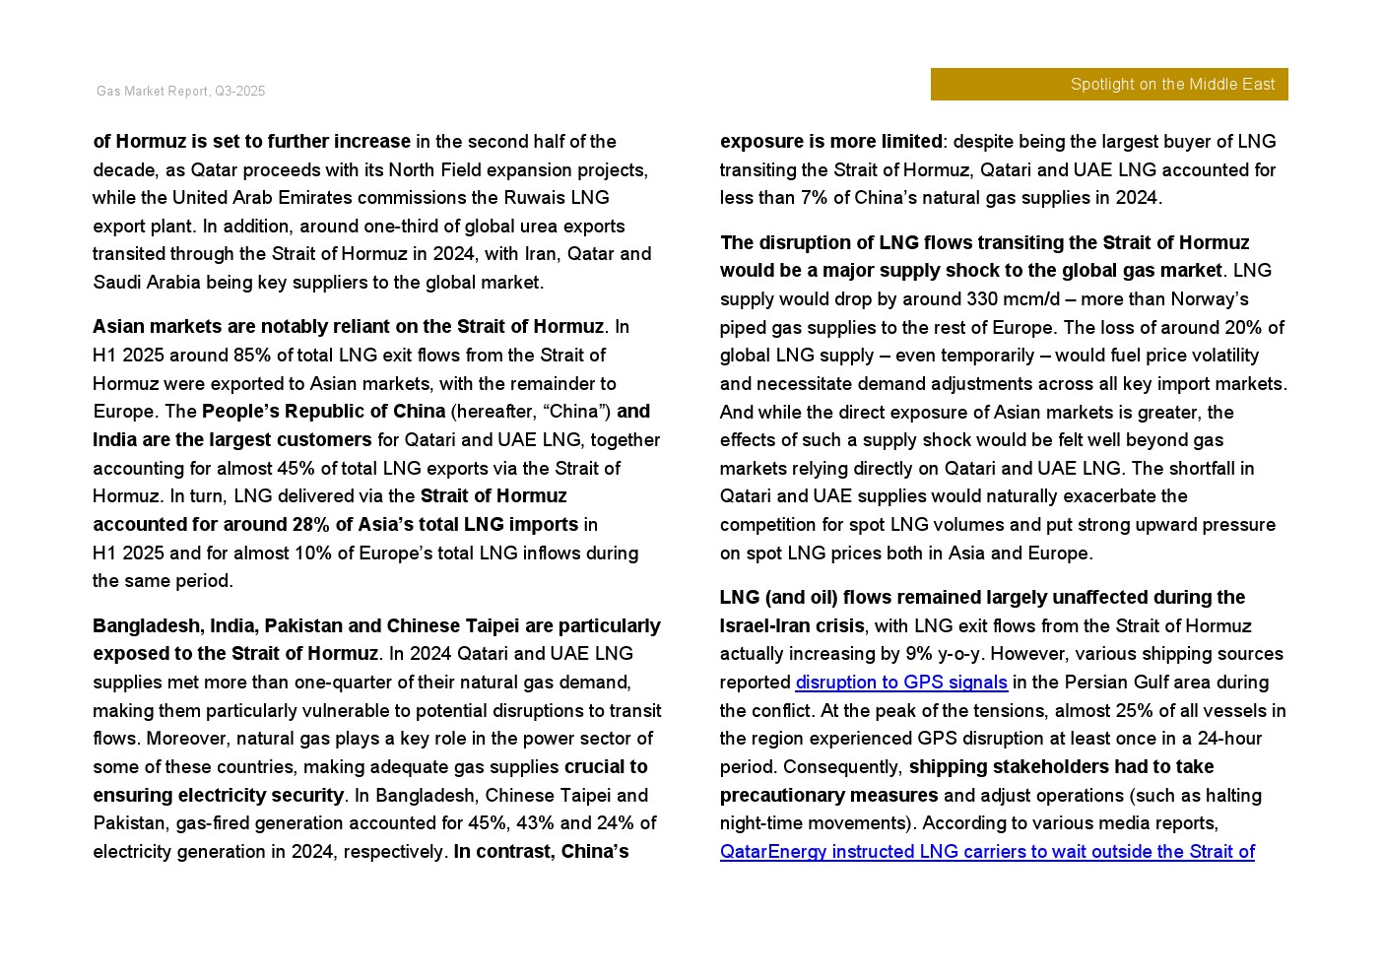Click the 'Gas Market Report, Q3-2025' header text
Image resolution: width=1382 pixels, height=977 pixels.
180,92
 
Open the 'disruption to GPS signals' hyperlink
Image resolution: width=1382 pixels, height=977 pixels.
900,683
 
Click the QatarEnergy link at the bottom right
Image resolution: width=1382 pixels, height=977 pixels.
986,852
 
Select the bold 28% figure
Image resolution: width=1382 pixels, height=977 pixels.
310,525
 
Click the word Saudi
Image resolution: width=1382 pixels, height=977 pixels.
117,283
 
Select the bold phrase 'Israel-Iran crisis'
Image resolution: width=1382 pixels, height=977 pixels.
791,626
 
